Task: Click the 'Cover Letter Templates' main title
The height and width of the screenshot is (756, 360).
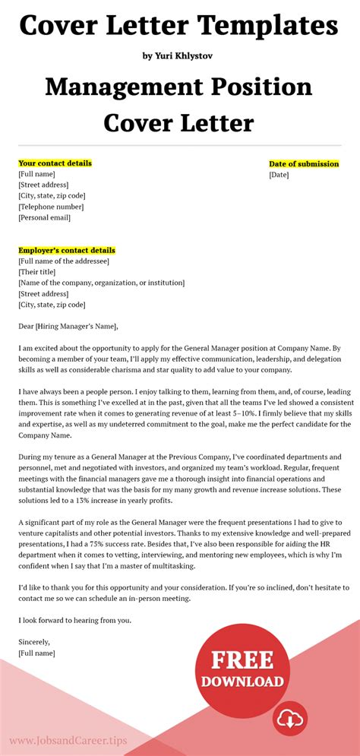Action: [179, 26]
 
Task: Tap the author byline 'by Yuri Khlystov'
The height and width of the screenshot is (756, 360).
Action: [179, 55]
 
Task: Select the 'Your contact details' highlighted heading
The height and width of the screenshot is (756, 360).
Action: [55, 163]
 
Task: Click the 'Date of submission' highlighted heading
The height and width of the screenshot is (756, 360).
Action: [304, 164]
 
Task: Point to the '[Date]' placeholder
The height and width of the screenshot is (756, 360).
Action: [279, 175]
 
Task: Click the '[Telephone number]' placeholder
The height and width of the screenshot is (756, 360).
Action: [51, 207]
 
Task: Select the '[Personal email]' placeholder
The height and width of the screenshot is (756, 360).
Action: [44, 217]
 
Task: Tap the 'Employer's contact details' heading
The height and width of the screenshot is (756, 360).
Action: [67, 250]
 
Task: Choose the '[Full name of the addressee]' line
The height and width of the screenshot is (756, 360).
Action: [64, 261]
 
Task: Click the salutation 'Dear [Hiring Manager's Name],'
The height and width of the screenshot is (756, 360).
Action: [68, 327]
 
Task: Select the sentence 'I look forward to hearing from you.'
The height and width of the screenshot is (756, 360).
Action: [74, 620]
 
